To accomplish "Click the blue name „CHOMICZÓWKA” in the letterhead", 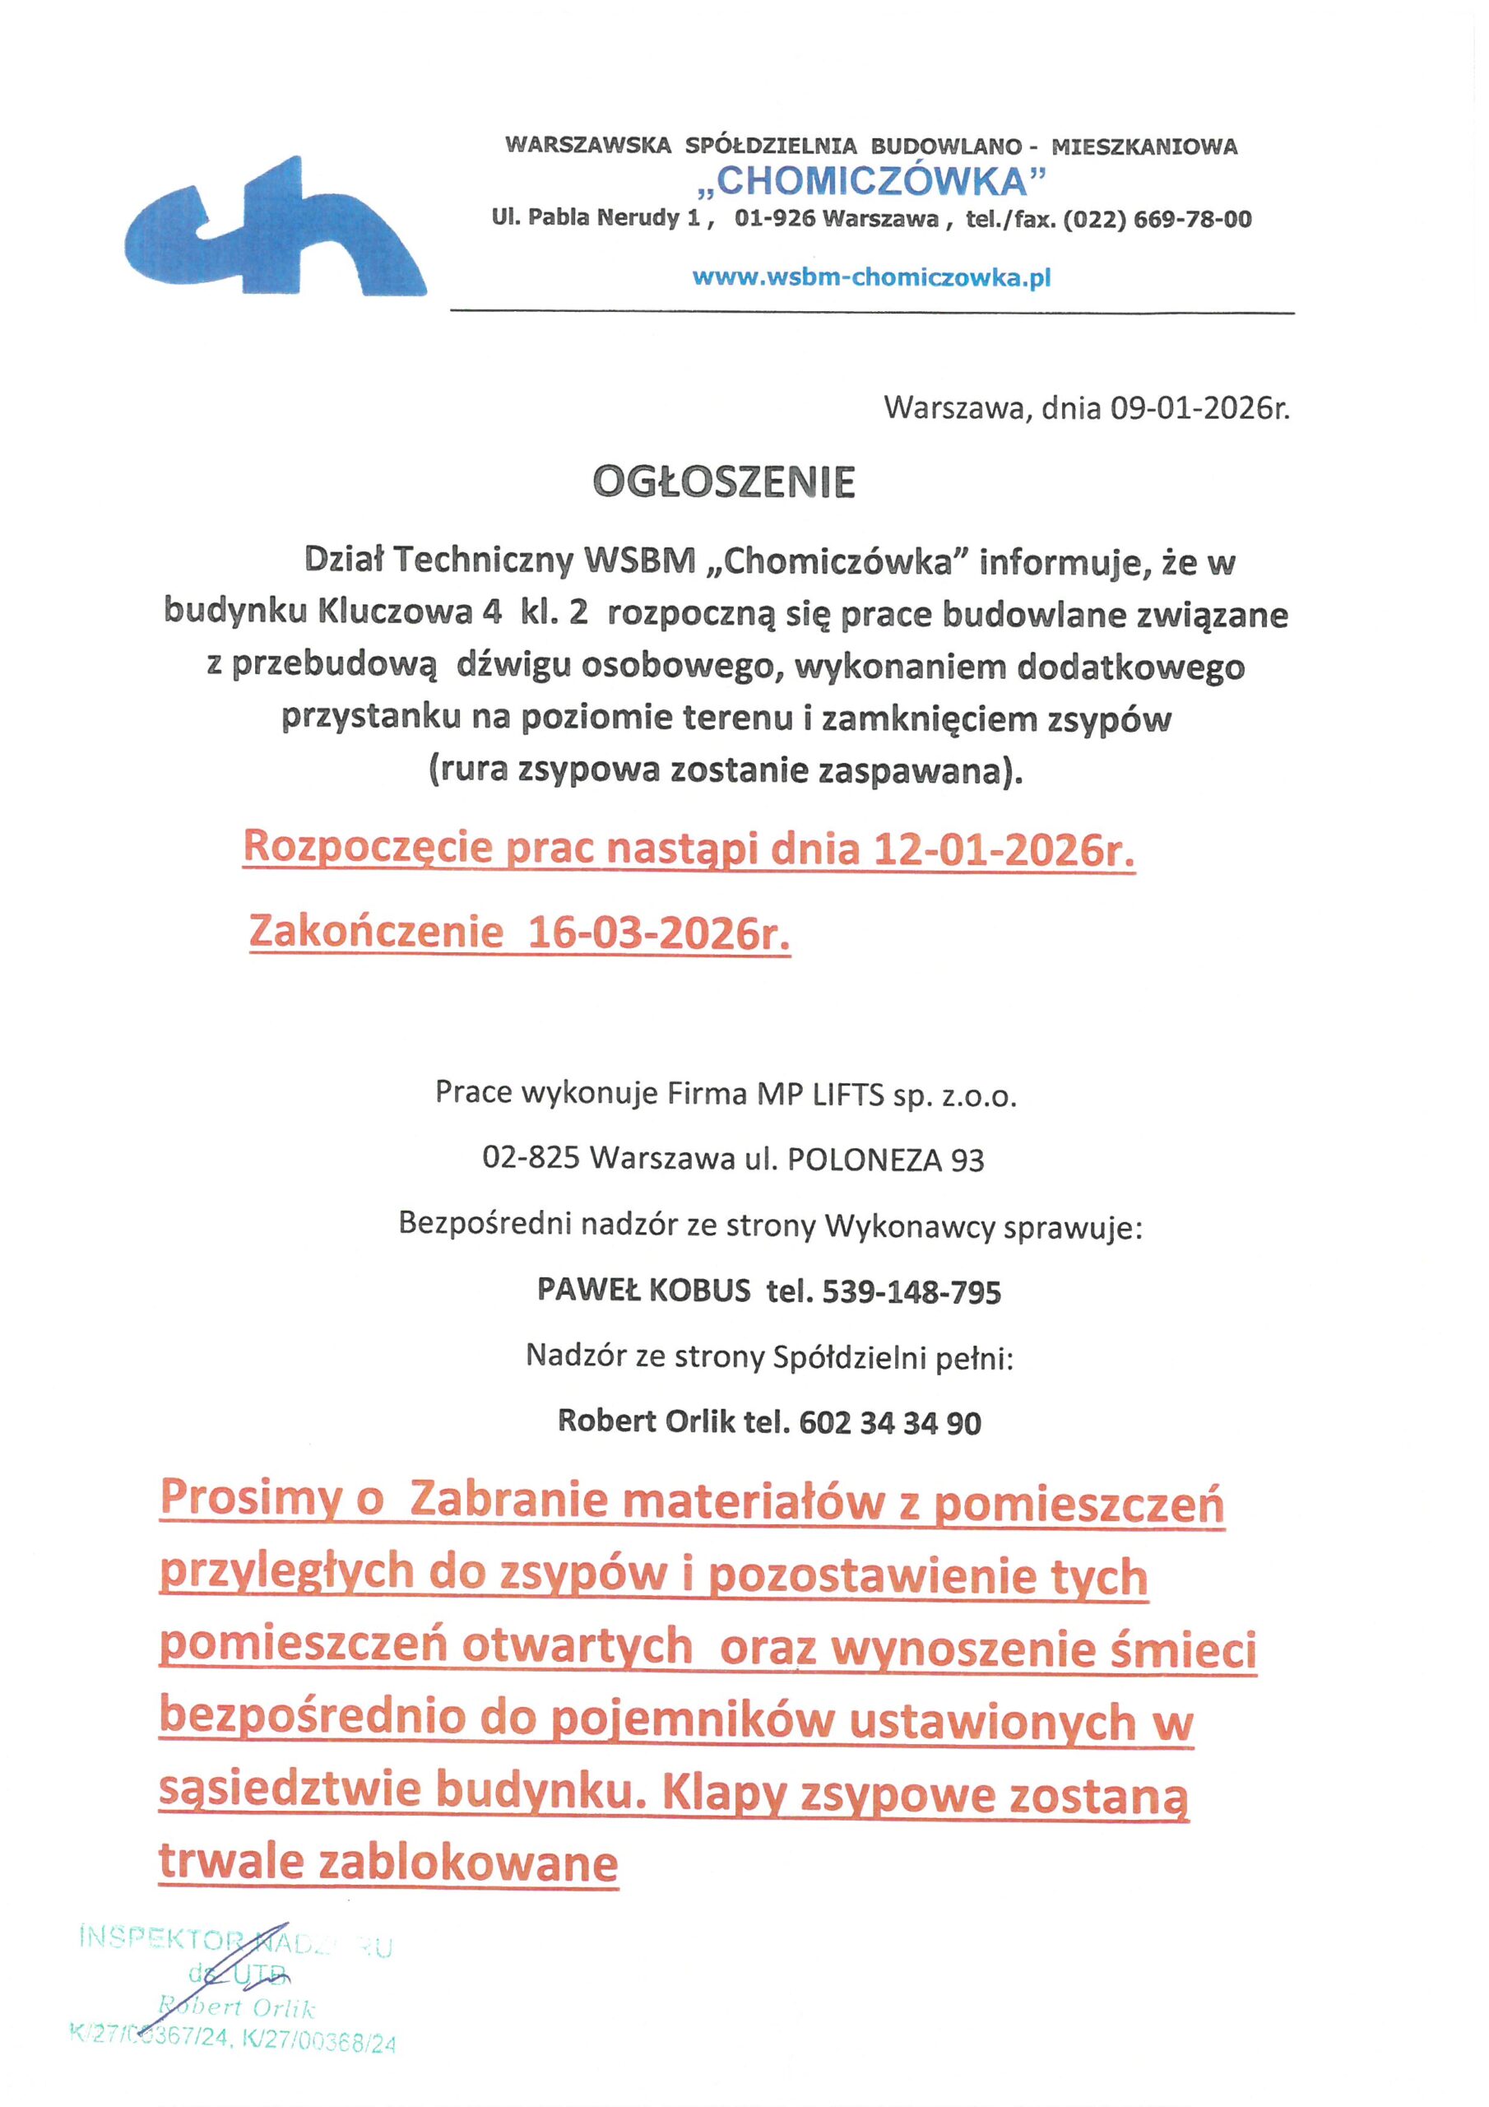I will coord(870,182).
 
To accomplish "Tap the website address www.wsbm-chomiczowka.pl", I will coord(870,277).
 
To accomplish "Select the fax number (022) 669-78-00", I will coord(1157,219).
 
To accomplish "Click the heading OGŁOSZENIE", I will coord(724,482).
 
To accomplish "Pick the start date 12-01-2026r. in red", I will coord(1004,849).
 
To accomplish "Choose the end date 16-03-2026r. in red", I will coord(659,933).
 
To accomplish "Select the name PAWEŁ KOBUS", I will coord(643,1291).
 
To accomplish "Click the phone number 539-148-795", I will coord(911,1292).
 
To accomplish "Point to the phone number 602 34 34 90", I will coord(890,1422).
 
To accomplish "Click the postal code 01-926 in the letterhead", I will coord(774,219).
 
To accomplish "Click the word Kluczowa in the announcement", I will coord(396,613).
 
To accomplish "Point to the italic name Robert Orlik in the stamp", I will coord(237,2007).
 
